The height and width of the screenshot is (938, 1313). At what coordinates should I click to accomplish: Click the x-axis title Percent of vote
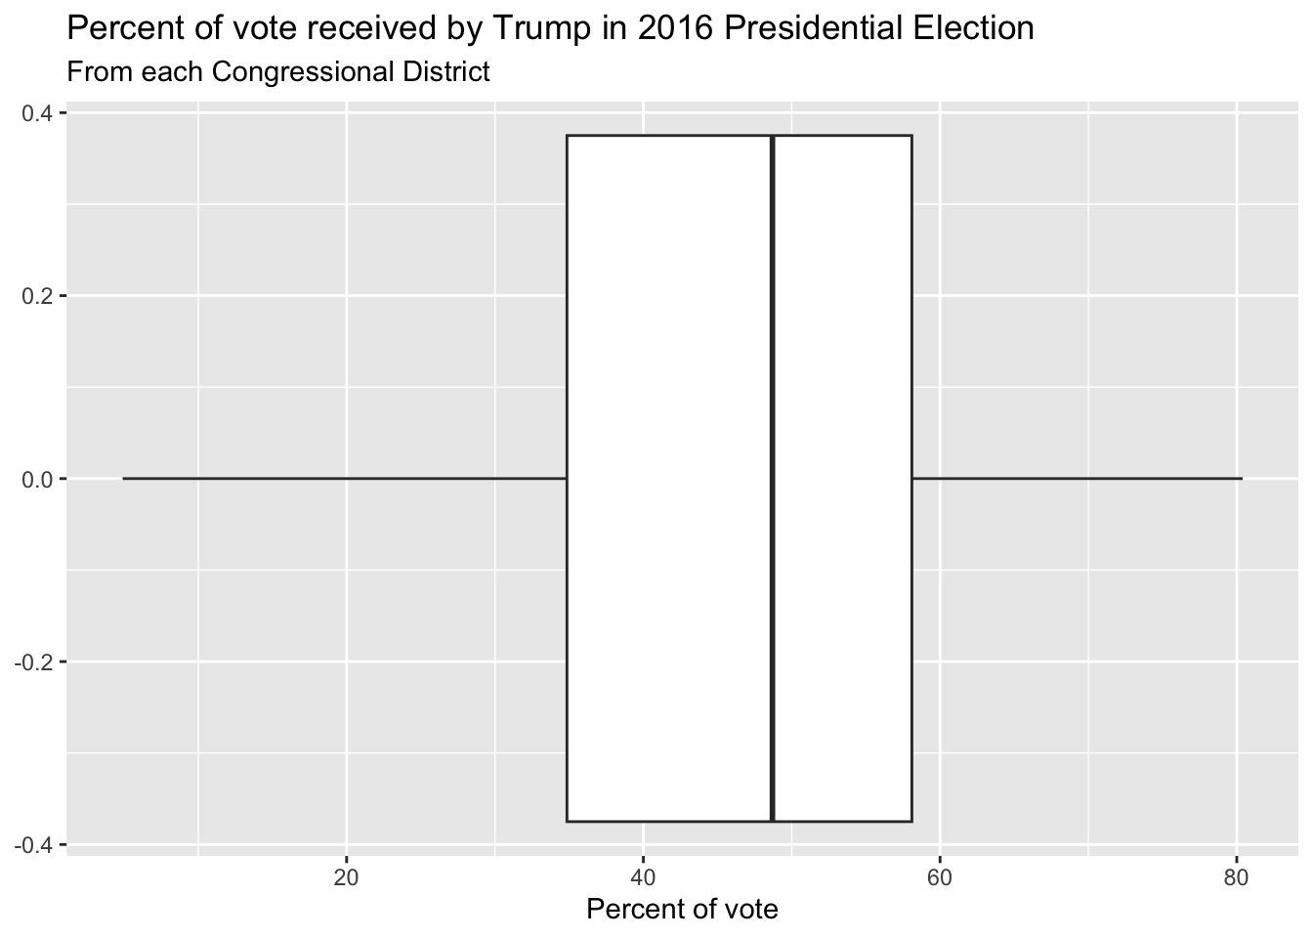pos(682,910)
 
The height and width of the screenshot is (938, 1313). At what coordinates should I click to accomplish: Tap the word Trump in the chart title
pos(537,28)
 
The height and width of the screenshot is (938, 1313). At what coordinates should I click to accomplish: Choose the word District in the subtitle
pos(448,71)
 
